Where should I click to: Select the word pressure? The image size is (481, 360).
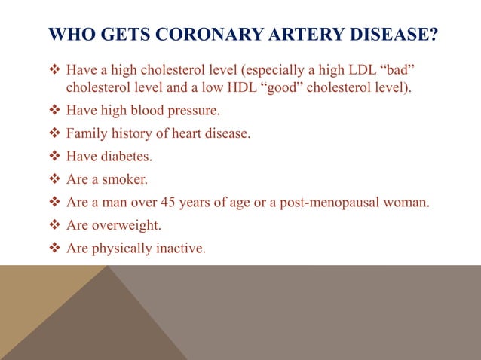pos(195,111)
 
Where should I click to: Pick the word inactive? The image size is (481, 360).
pos(179,247)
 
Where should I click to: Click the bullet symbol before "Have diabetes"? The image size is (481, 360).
pos(54,157)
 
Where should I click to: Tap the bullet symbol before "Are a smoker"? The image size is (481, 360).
pos(54,179)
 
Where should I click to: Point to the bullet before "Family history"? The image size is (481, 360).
pos(54,134)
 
